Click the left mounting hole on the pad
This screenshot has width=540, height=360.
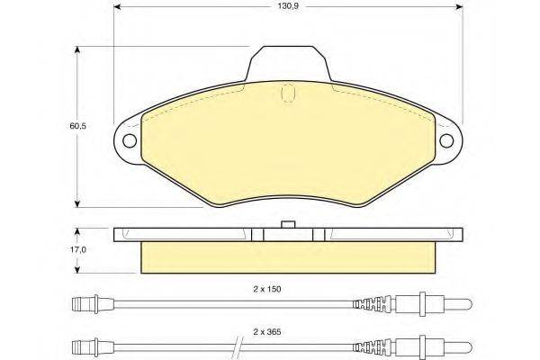tap(129, 140)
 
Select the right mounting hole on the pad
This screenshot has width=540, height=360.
tap(446, 140)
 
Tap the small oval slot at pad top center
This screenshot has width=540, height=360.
tap(288, 92)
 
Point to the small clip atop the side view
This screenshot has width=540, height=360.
tap(288, 225)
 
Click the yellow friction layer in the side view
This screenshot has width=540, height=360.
tap(288, 257)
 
